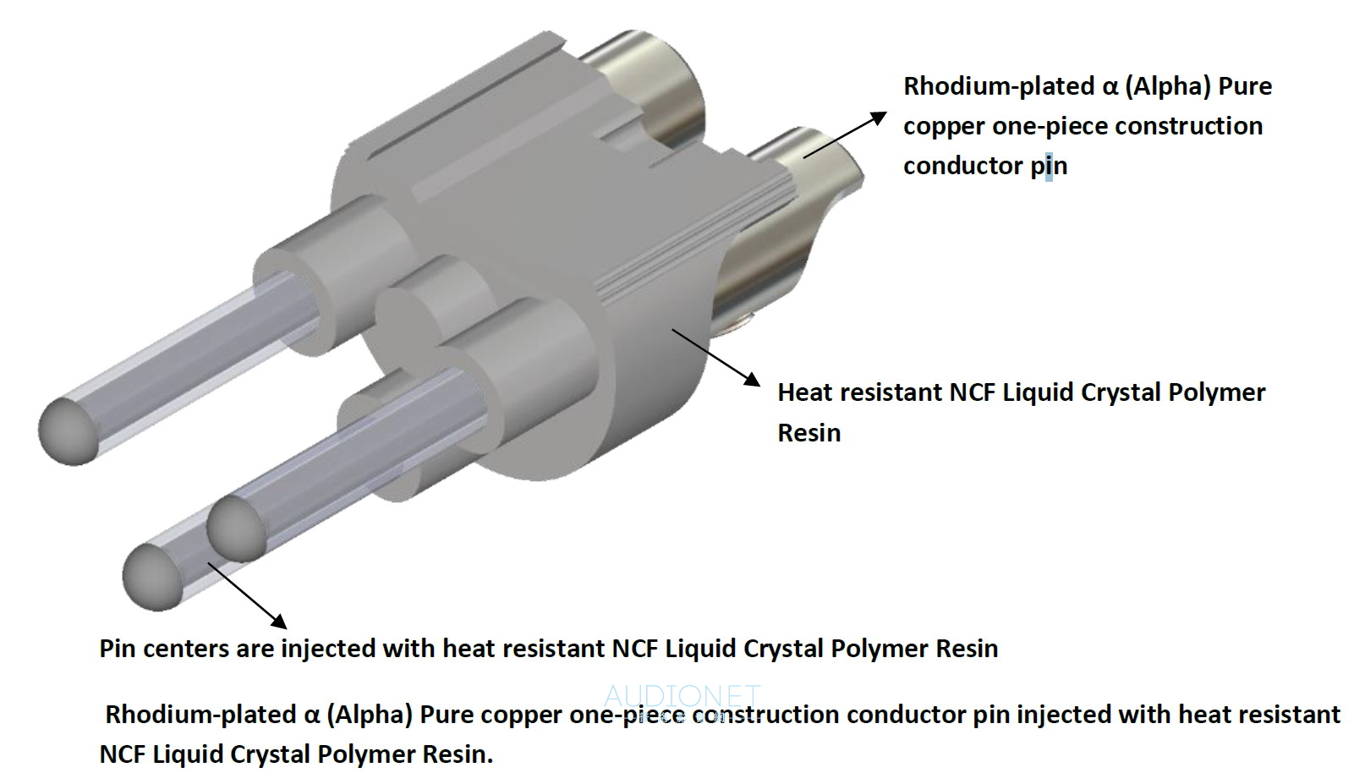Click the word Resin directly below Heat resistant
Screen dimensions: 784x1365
tap(809, 433)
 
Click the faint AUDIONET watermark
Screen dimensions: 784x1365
tap(682, 696)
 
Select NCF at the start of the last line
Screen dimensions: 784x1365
tap(123, 754)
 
